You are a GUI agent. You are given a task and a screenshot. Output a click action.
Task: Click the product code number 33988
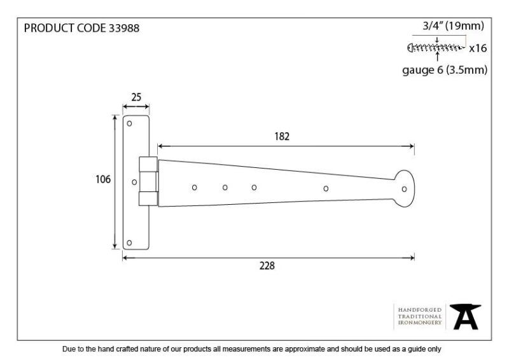pos(124,28)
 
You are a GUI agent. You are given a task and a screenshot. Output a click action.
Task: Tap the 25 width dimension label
pos(136,97)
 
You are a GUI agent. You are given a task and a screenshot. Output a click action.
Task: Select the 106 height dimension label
pos(103,179)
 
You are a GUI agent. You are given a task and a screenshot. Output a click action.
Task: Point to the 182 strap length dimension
pos(282,136)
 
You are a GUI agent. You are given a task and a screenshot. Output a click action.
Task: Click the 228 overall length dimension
pos(267,266)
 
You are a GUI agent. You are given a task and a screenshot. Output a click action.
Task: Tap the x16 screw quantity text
pos(478,48)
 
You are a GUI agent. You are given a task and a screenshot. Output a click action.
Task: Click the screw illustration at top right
pos(436,48)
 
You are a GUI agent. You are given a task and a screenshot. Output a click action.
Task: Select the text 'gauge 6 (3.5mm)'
pos(445,70)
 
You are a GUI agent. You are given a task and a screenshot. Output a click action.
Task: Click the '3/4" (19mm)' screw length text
pos(453,25)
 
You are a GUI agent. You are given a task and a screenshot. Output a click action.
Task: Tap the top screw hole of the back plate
pos(129,123)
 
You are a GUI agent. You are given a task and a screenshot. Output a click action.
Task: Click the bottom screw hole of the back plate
pos(129,243)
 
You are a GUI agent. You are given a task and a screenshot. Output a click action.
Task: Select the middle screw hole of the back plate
pos(134,183)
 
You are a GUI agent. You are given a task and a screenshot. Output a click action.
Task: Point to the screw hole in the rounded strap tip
pos(404,189)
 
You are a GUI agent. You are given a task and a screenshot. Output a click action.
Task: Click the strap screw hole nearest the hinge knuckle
pos(195,188)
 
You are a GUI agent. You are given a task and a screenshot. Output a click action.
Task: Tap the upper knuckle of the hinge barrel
pos(148,164)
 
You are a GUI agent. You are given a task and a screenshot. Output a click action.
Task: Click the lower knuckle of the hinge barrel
pos(148,198)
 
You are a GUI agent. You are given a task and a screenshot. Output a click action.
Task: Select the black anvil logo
pos(465,317)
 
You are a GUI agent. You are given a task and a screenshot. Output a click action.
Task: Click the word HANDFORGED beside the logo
pos(420,310)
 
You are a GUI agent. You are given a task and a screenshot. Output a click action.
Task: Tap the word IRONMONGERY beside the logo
pos(420,322)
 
